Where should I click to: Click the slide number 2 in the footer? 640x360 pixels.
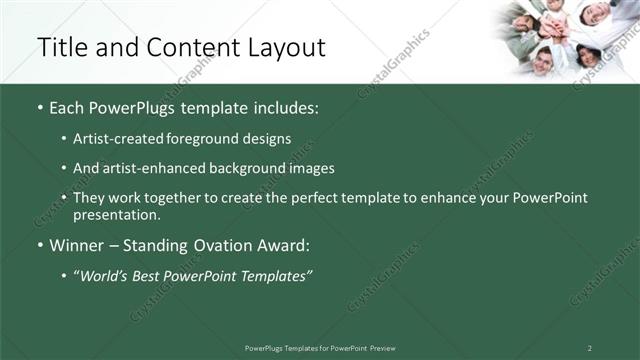click(590, 348)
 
